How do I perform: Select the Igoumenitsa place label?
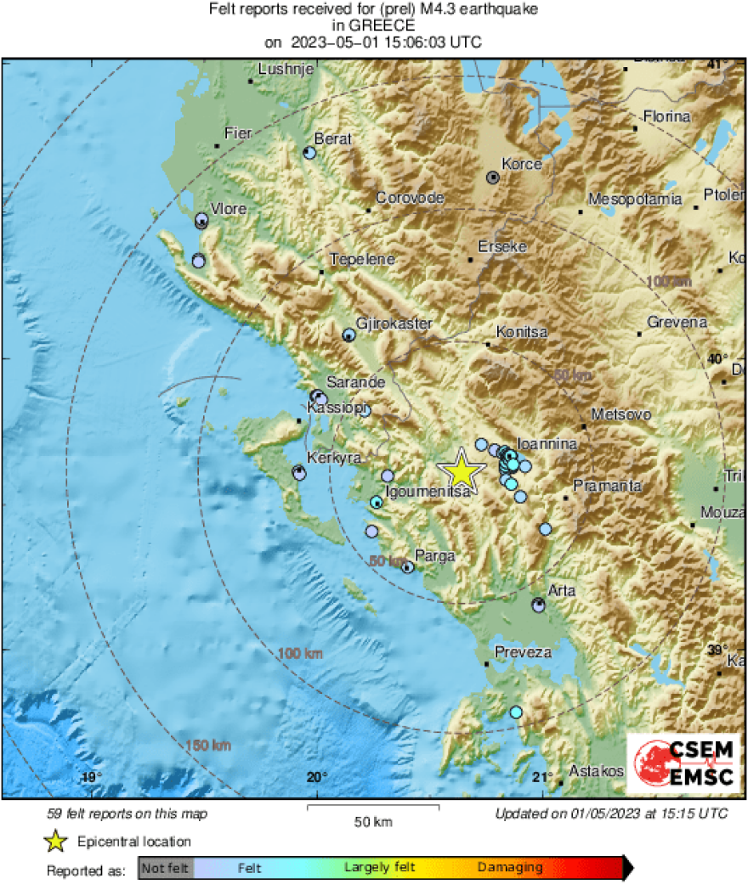[x=422, y=491]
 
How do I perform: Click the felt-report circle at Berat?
[x=309, y=153]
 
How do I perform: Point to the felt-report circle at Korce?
[x=493, y=177]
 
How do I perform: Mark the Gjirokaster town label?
[x=394, y=324]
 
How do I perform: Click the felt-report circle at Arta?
[x=538, y=605]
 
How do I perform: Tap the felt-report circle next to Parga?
[x=408, y=567]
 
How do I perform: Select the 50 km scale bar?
[x=372, y=808]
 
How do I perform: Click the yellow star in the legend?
[x=57, y=842]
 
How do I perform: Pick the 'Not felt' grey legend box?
[x=166, y=868]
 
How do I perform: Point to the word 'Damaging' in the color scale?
[x=510, y=868]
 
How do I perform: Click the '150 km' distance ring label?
[x=207, y=746]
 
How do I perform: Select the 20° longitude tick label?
[x=316, y=777]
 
